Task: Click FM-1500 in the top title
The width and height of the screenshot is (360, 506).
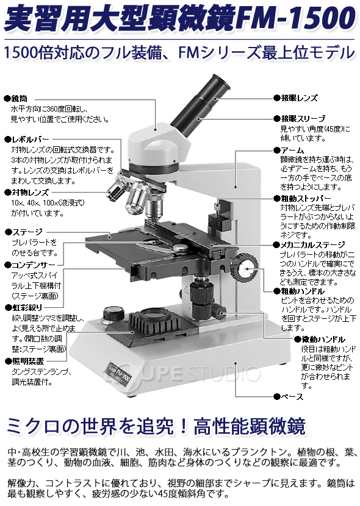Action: (x=295, y=18)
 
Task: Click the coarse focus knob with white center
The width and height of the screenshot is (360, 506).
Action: (x=245, y=268)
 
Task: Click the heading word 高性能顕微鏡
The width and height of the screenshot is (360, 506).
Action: (x=250, y=426)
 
